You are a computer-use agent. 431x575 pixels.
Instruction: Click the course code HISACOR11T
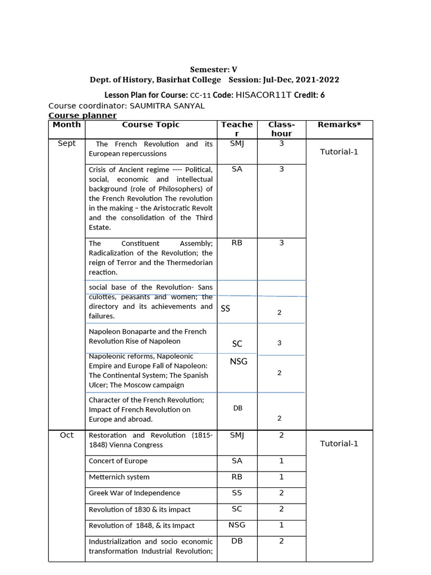(264, 95)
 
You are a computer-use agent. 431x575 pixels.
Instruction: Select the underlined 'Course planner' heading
(82, 115)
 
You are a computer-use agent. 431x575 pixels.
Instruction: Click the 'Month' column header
(67, 125)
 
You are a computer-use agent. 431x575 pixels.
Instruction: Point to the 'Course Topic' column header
(150, 125)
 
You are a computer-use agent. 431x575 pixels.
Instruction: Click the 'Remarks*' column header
(338, 125)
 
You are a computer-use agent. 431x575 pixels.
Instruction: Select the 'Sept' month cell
(67, 144)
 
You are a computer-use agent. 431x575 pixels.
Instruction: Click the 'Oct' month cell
(67, 435)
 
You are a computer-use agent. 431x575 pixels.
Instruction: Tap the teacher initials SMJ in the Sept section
(237, 144)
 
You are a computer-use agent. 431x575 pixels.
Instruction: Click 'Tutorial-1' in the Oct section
(338, 444)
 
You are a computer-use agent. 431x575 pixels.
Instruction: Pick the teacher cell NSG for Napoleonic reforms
(239, 362)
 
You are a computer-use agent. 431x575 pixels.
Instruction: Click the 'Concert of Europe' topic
(118, 461)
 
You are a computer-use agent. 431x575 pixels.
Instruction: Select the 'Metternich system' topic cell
(119, 477)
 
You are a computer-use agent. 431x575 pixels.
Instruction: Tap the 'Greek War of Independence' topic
(134, 493)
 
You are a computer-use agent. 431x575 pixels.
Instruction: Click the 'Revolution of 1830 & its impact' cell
(139, 509)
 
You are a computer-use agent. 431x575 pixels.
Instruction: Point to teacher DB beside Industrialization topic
(237, 541)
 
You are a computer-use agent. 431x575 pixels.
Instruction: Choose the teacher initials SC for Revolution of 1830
(237, 509)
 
